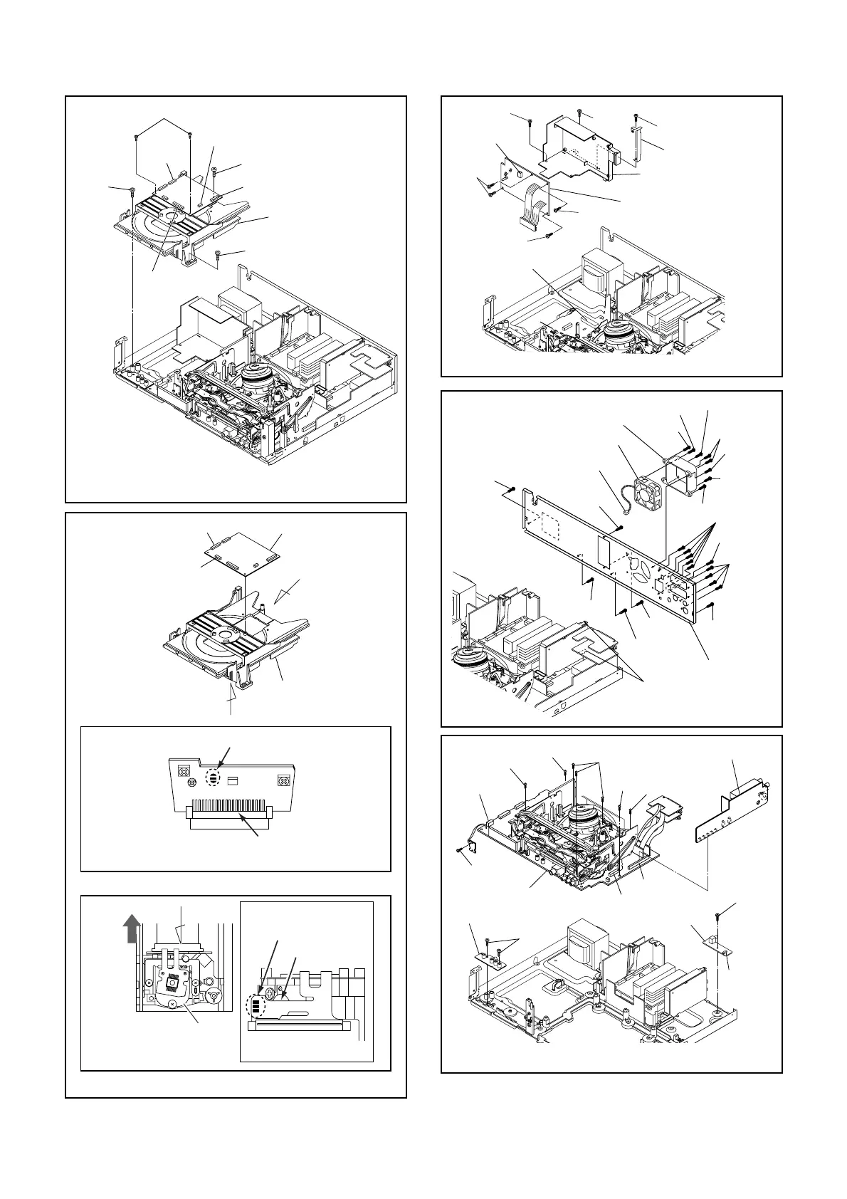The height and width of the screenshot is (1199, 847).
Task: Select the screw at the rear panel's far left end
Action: (x=512, y=488)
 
